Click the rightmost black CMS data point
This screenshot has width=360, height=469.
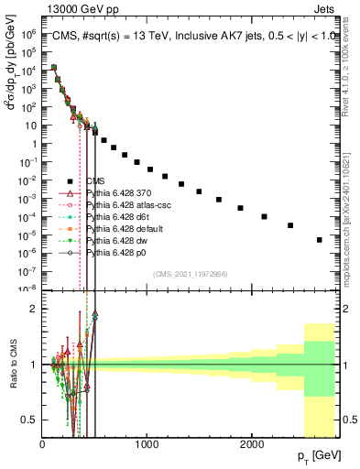319,240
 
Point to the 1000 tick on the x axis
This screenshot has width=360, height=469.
147,443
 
